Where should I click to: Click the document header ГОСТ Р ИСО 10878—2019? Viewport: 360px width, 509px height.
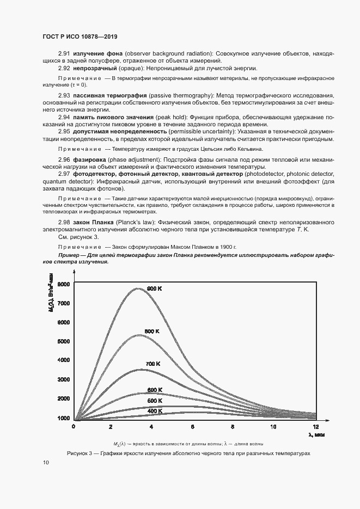(80, 37)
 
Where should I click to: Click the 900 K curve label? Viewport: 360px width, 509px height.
(155, 288)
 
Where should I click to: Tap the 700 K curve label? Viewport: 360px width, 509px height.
(152, 363)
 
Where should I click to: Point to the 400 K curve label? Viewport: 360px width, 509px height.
(155, 411)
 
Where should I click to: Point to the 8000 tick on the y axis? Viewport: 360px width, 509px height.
(64, 284)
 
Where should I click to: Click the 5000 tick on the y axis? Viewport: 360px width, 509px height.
(64, 341)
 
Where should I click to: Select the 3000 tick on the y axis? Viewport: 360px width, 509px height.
(64, 379)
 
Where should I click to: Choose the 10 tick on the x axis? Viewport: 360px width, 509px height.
(273, 426)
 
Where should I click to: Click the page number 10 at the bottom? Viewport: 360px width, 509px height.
(46, 462)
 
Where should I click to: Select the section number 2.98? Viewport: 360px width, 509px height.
(64, 223)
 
